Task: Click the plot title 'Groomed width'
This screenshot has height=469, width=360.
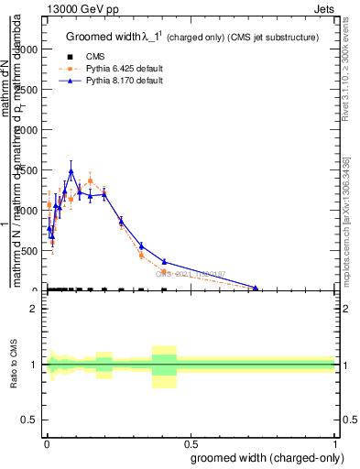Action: [x=102, y=38]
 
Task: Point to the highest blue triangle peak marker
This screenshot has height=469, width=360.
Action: [x=71, y=170]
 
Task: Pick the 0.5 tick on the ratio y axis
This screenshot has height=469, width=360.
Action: [x=31, y=420]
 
